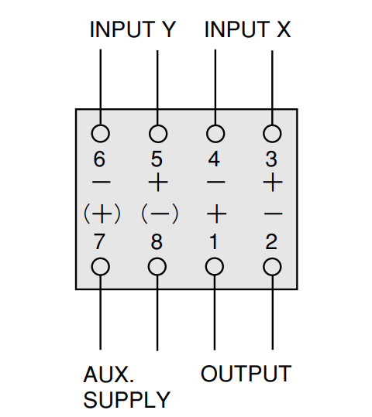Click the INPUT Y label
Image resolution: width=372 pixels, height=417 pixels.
133,29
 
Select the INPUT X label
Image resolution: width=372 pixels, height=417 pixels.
247,29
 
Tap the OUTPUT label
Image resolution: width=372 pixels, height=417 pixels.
246,374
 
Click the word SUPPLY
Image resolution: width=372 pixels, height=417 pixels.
127,399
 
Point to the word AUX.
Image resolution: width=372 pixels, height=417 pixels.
108,374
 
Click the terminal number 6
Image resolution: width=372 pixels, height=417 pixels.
99,159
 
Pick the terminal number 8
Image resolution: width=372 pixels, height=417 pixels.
157,241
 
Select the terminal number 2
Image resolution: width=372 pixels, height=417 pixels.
271,241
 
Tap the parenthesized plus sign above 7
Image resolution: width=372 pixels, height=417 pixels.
102,214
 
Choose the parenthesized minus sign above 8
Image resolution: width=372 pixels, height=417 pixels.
160,214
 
